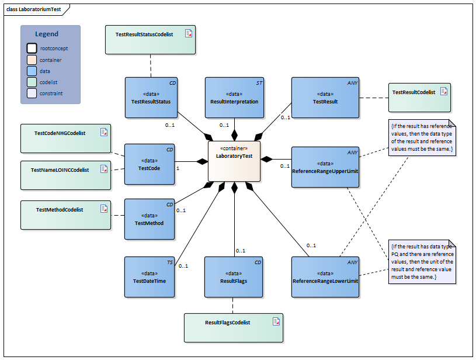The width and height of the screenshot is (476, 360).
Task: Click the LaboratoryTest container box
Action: tap(234, 161)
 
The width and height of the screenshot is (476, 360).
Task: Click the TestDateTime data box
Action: tap(150, 277)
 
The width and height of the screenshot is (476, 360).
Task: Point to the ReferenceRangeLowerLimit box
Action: tap(325, 277)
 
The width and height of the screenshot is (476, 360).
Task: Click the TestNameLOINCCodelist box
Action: tap(65, 174)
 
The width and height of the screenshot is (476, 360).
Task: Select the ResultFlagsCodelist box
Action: tap(234, 327)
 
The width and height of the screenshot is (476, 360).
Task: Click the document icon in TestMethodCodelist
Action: tap(104, 208)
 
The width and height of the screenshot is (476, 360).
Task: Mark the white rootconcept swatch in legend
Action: tap(32, 49)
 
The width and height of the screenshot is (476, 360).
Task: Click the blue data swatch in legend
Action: tap(32, 71)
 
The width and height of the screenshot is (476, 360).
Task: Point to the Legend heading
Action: tap(47, 34)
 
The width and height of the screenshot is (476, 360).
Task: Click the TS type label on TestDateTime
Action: tap(170, 262)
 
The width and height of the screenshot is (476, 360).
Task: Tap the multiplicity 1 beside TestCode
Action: tap(178, 168)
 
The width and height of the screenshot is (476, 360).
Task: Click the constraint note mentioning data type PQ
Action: tap(422, 261)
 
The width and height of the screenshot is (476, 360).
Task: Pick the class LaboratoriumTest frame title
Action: tap(33, 9)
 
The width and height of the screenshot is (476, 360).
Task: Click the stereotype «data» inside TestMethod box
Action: tap(150, 215)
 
